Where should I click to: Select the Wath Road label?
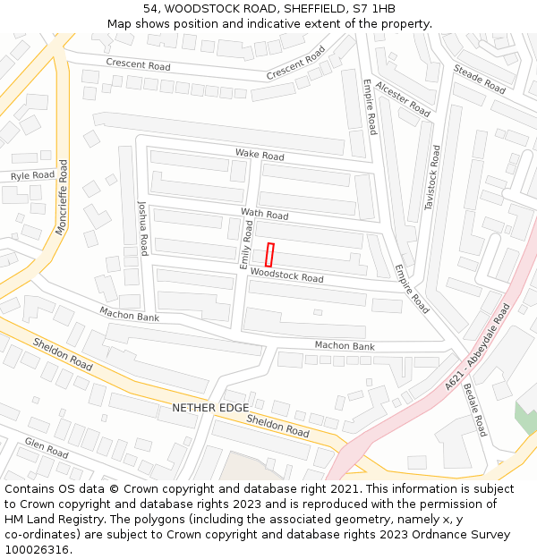coord(264,215)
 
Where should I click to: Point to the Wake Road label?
coord(260,155)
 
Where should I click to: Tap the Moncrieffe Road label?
coord(62,198)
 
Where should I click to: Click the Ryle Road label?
coord(32,176)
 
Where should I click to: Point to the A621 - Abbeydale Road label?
coord(477,346)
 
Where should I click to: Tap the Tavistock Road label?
coord(432,178)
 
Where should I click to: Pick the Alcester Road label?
coord(403,97)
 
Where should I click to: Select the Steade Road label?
coord(480,80)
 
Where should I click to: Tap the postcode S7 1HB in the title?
coord(371,9)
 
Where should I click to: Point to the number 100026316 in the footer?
coord(36,549)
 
